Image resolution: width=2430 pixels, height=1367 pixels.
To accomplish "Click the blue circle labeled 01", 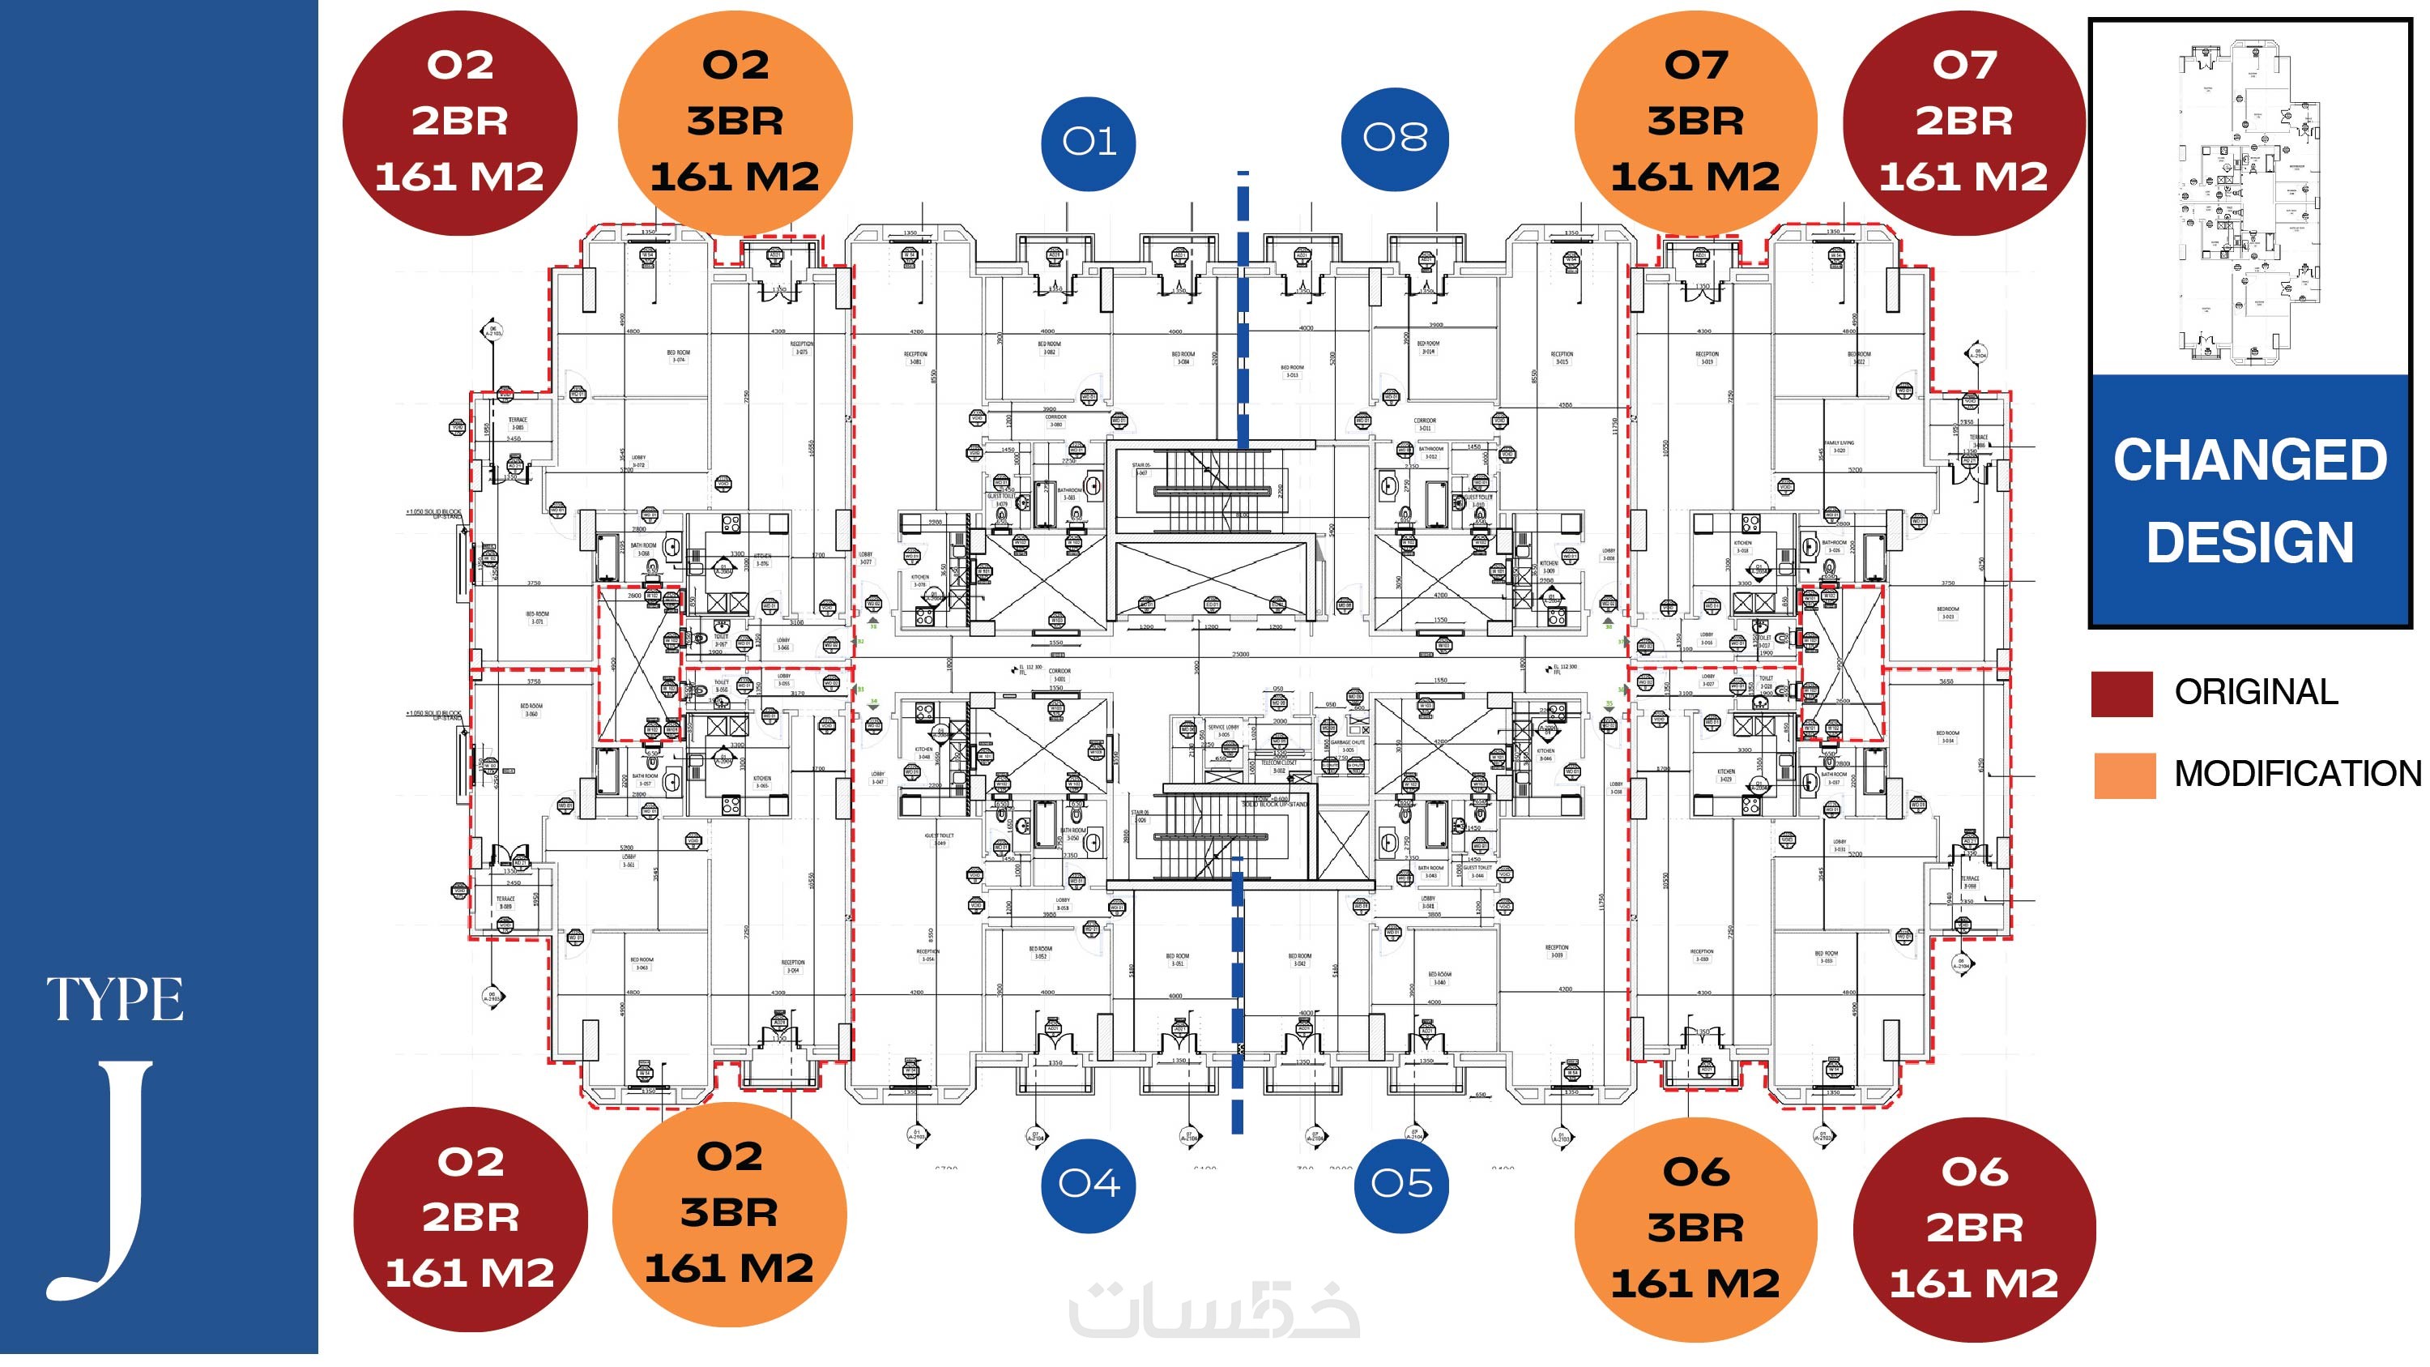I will point(1088,143).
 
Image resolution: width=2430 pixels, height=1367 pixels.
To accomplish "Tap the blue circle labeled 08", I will point(1394,139).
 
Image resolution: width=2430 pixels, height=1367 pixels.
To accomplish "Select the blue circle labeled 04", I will point(1089,1184).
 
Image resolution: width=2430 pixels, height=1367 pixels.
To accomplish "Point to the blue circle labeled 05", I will point(1400,1184).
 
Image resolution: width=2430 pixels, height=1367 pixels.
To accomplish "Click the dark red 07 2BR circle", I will point(1963,122).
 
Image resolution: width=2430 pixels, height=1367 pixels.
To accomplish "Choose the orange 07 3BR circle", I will point(1695,122).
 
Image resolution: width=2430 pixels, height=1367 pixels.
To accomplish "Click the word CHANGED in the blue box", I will point(2250,460).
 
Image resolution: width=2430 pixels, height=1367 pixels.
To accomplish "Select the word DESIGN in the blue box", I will point(2250,542).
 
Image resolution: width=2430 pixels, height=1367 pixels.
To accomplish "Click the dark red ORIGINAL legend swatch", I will point(2121,694).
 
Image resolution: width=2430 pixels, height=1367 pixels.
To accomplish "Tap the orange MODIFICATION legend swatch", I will point(2125,775).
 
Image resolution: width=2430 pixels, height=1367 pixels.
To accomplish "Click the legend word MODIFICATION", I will point(2297,774).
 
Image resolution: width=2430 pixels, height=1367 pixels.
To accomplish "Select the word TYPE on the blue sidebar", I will point(115,1000).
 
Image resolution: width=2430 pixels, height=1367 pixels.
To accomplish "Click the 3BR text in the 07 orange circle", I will point(1695,122).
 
